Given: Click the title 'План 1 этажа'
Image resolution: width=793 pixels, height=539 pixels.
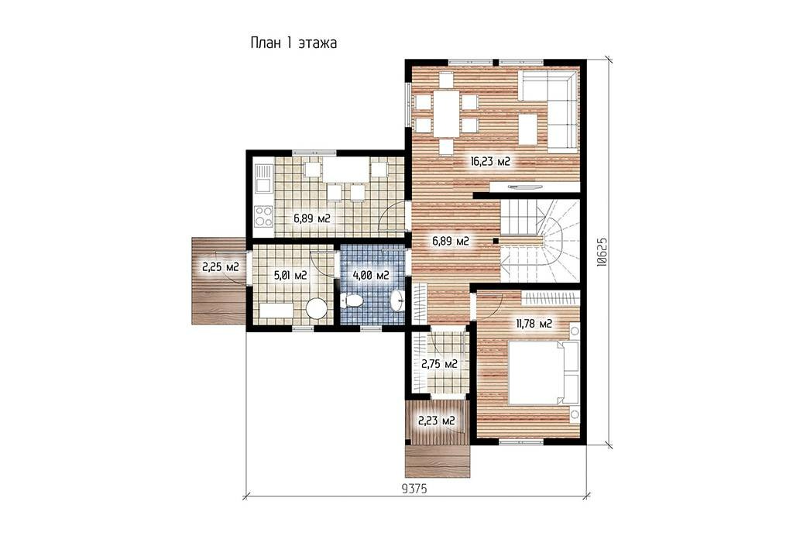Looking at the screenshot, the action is [294, 43].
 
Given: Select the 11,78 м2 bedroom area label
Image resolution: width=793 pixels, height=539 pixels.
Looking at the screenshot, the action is [534, 324].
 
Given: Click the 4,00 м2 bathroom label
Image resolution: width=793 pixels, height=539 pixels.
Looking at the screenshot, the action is [371, 276].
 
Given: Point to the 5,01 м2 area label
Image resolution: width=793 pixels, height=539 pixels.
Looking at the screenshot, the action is [290, 276].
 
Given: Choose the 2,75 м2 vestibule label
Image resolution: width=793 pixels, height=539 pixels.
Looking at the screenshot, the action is [440, 364].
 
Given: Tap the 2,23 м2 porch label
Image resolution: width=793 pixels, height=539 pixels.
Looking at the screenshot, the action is [436, 421].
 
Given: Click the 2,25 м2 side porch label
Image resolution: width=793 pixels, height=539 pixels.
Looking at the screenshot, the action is [221, 267].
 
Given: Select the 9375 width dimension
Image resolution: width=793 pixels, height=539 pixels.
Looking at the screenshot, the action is [414, 489].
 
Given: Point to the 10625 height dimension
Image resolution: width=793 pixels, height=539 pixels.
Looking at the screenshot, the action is [601, 252].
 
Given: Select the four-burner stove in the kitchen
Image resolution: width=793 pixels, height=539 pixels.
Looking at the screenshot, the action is [263, 216].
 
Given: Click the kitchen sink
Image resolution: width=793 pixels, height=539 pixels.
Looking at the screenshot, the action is [263, 179].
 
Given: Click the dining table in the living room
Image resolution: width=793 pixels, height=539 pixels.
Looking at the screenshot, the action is [446, 113].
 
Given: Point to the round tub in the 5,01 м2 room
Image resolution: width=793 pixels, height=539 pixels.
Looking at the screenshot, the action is [317, 308].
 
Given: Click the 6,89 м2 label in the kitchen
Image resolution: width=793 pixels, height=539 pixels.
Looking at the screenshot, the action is [312, 218].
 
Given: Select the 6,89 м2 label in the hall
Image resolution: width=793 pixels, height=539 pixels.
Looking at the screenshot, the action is [451, 241].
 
